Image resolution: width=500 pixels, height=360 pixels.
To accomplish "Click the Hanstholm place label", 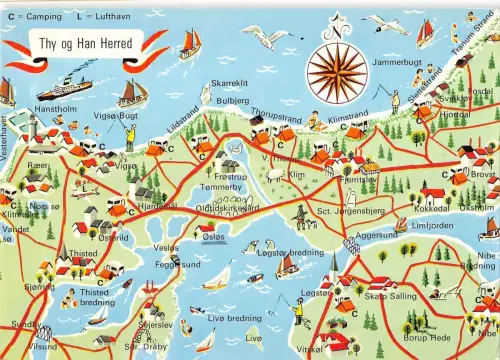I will pos(55,107).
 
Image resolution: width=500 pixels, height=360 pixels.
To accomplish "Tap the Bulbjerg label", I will pos(232,101).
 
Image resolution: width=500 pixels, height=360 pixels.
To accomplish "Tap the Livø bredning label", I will pos(235,318).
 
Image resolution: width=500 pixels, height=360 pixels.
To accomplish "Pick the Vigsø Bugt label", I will pos(116,115).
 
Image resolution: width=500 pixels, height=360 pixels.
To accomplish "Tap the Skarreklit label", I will pos(229,84).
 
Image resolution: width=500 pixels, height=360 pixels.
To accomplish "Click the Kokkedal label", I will pos(432,208).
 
